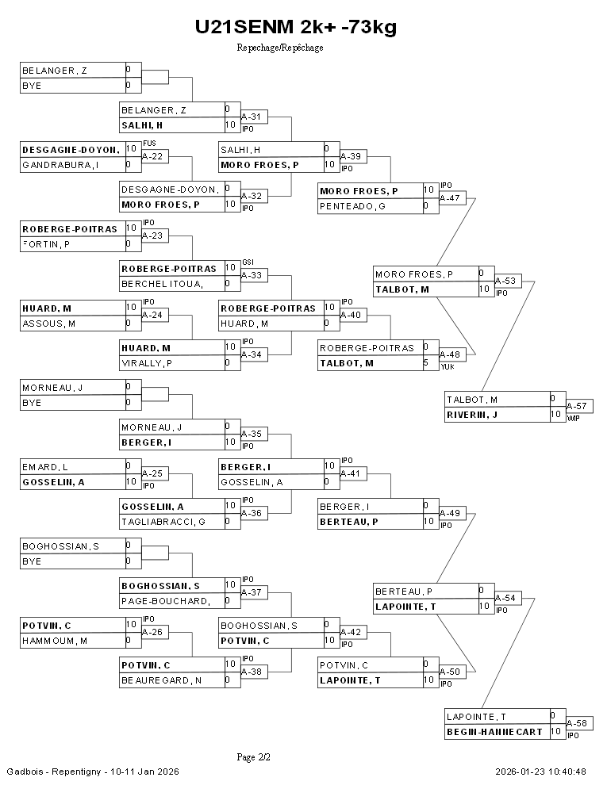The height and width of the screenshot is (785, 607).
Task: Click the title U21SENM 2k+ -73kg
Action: (x=296, y=28)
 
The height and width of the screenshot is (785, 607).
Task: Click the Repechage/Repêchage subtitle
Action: (x=280, y=48)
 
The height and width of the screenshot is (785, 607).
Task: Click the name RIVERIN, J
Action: (x=471, y=415)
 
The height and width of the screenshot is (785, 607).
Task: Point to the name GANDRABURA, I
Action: (x=60, y=165)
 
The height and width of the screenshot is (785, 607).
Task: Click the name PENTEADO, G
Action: (x=352, y=206)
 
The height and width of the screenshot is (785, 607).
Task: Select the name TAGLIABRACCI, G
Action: (x=163, y=522)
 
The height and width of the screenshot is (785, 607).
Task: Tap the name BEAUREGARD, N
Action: (x=161, y=680)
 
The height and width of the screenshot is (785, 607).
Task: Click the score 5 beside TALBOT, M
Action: (x=426, y=363)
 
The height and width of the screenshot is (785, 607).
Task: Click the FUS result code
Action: (x=148, y=143)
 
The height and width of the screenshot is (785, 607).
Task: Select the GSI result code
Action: (x=248, y=262)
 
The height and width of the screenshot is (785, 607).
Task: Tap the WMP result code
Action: (x=574, y=418)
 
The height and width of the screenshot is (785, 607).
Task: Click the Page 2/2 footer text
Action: (x=254, y=757)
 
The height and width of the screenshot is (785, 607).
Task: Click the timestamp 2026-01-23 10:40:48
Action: (x=541, y=772)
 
